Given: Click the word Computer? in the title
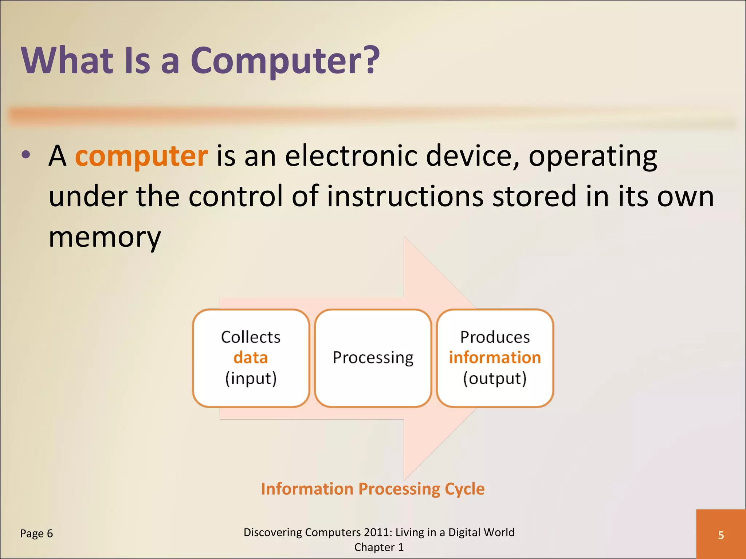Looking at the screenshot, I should pyautogui.click(x=285, y=61).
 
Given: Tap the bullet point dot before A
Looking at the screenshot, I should pyautogui.click(x=26, y=155).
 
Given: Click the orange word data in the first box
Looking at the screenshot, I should pyautogui.click(x=251, y=358).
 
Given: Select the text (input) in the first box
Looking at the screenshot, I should pyautogui.click(x=251, y=378).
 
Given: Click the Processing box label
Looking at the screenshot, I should pyautogui.click(x=373, y=358).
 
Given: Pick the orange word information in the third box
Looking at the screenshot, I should pyautogui.click(x=495, y=358).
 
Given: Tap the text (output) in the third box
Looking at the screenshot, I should pyautogui.click(x=495, y=378).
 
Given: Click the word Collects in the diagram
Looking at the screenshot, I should pyautogui.click(x=251, y=337).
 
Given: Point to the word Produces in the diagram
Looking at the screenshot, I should pyautogui.click(x=495, y=337).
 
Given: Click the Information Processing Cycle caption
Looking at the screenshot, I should pyautogui.click(x=373, y=489).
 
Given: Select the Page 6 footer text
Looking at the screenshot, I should pyautogui.click(x=36, y=534).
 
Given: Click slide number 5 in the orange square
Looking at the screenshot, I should pyautogui.click(x=721, y=535).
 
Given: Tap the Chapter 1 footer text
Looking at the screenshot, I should pyautogui.click(x=379, y=547).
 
